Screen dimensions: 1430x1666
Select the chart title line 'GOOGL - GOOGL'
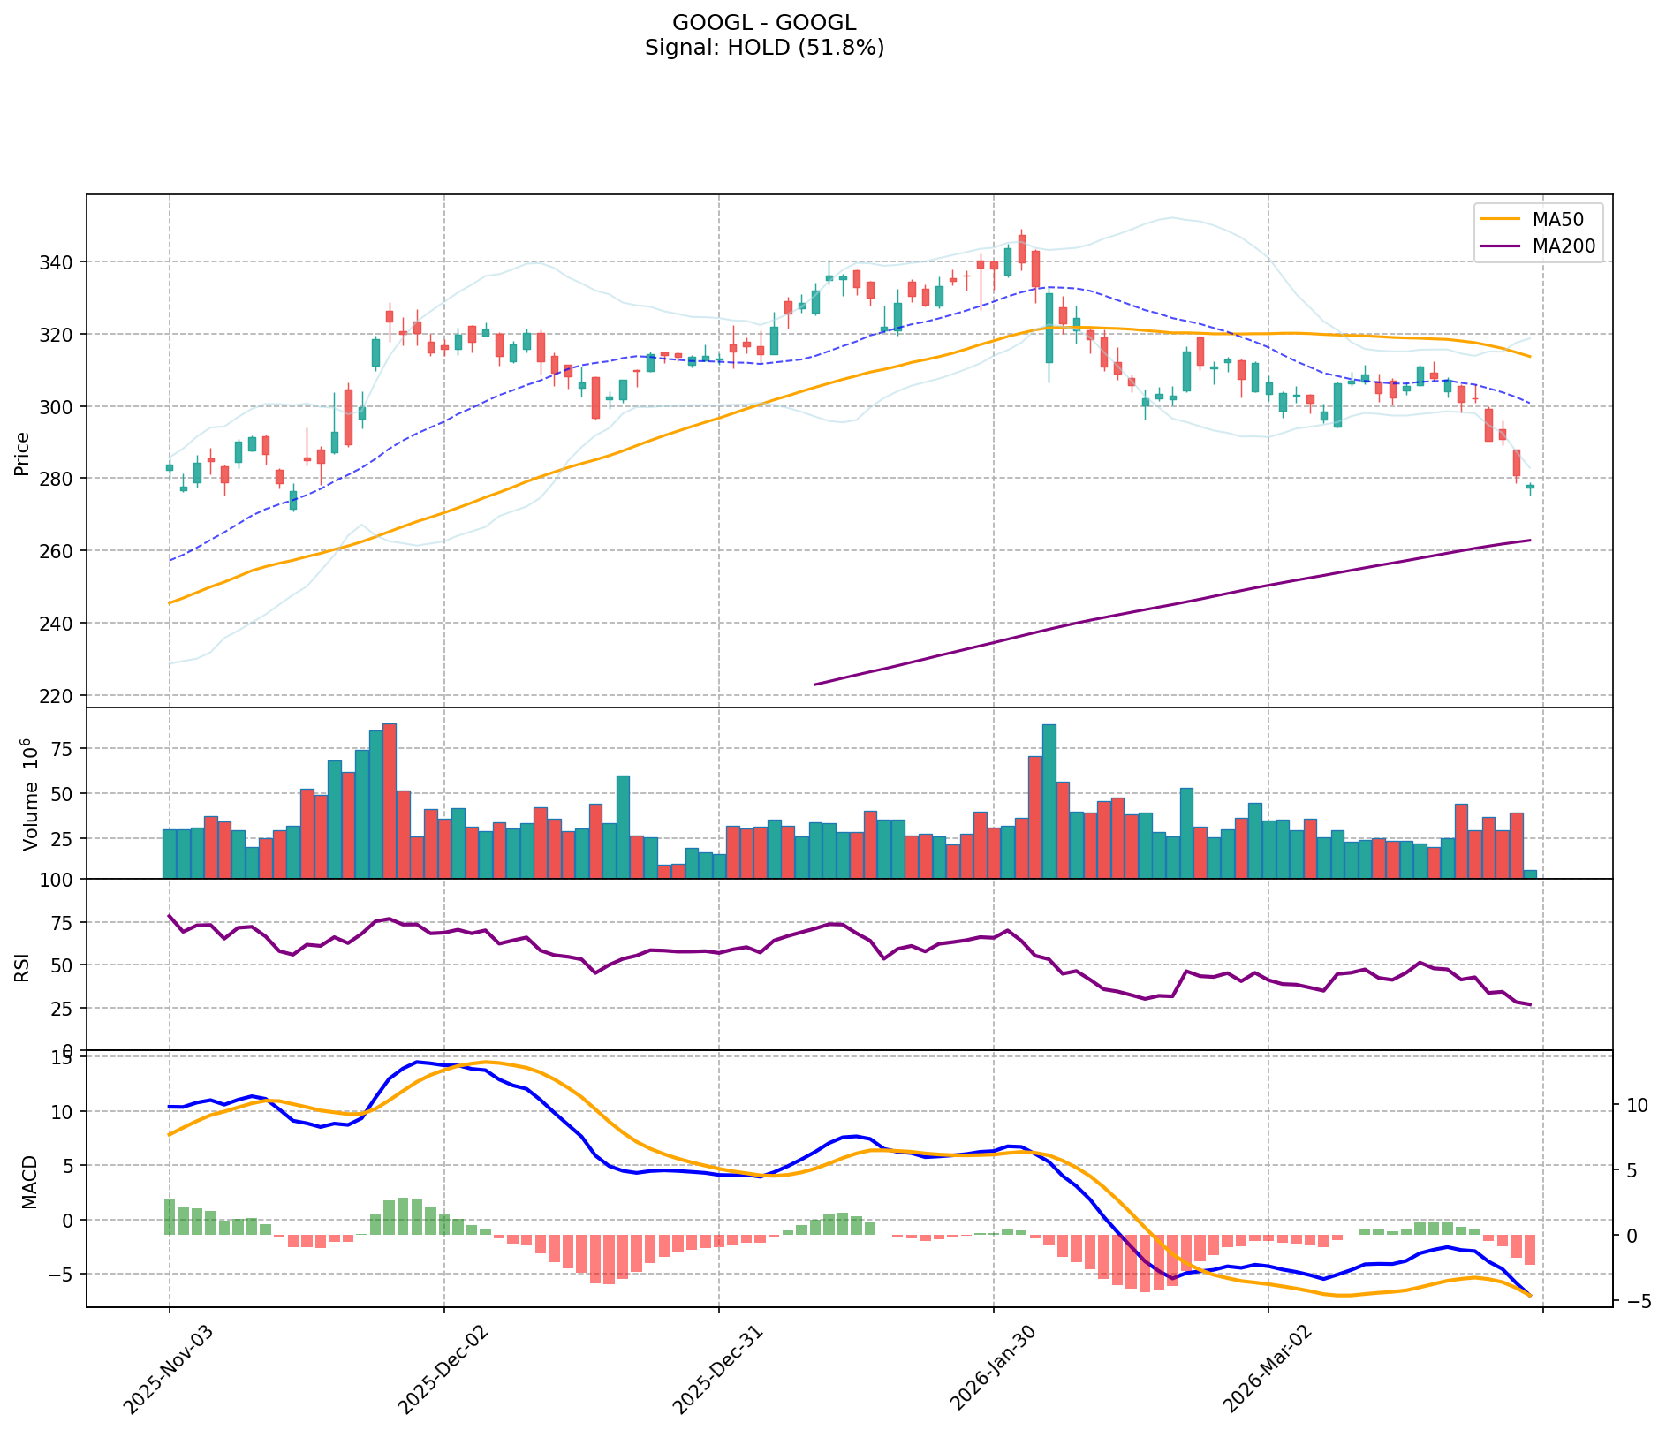pyautogui.click(x=764, y=23)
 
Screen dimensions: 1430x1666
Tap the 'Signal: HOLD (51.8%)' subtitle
pyautogui.click(x=764, y=48)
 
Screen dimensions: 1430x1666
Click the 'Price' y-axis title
pyautogui.click(x=22, y=453)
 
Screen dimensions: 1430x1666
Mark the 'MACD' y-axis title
pyautogui.click(x=29, y=1182)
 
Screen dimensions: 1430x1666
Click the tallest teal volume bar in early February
pyautogui.click(x=1049, y=800)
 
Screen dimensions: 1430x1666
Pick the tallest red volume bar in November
pyautogui.click(x=390, y=800)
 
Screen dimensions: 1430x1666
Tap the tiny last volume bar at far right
pyautogui.click(x=1530, y=874)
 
